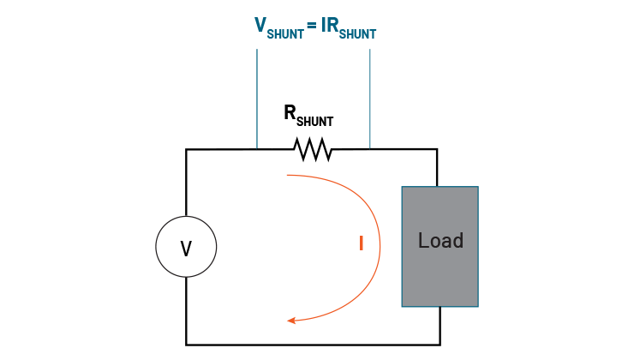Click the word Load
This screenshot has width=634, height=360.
(440, 241)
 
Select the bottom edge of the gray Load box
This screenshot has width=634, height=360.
(440, 305)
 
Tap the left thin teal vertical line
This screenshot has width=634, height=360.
(257, 99)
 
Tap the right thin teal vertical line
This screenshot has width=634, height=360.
(370, 99)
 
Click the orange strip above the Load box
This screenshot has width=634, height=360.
(418, 180)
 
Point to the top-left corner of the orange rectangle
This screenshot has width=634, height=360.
(287, 175)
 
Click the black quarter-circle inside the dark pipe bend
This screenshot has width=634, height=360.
(195, 255)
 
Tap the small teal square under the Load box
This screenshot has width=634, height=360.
(419, 325)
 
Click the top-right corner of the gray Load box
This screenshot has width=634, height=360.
(477, 188)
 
